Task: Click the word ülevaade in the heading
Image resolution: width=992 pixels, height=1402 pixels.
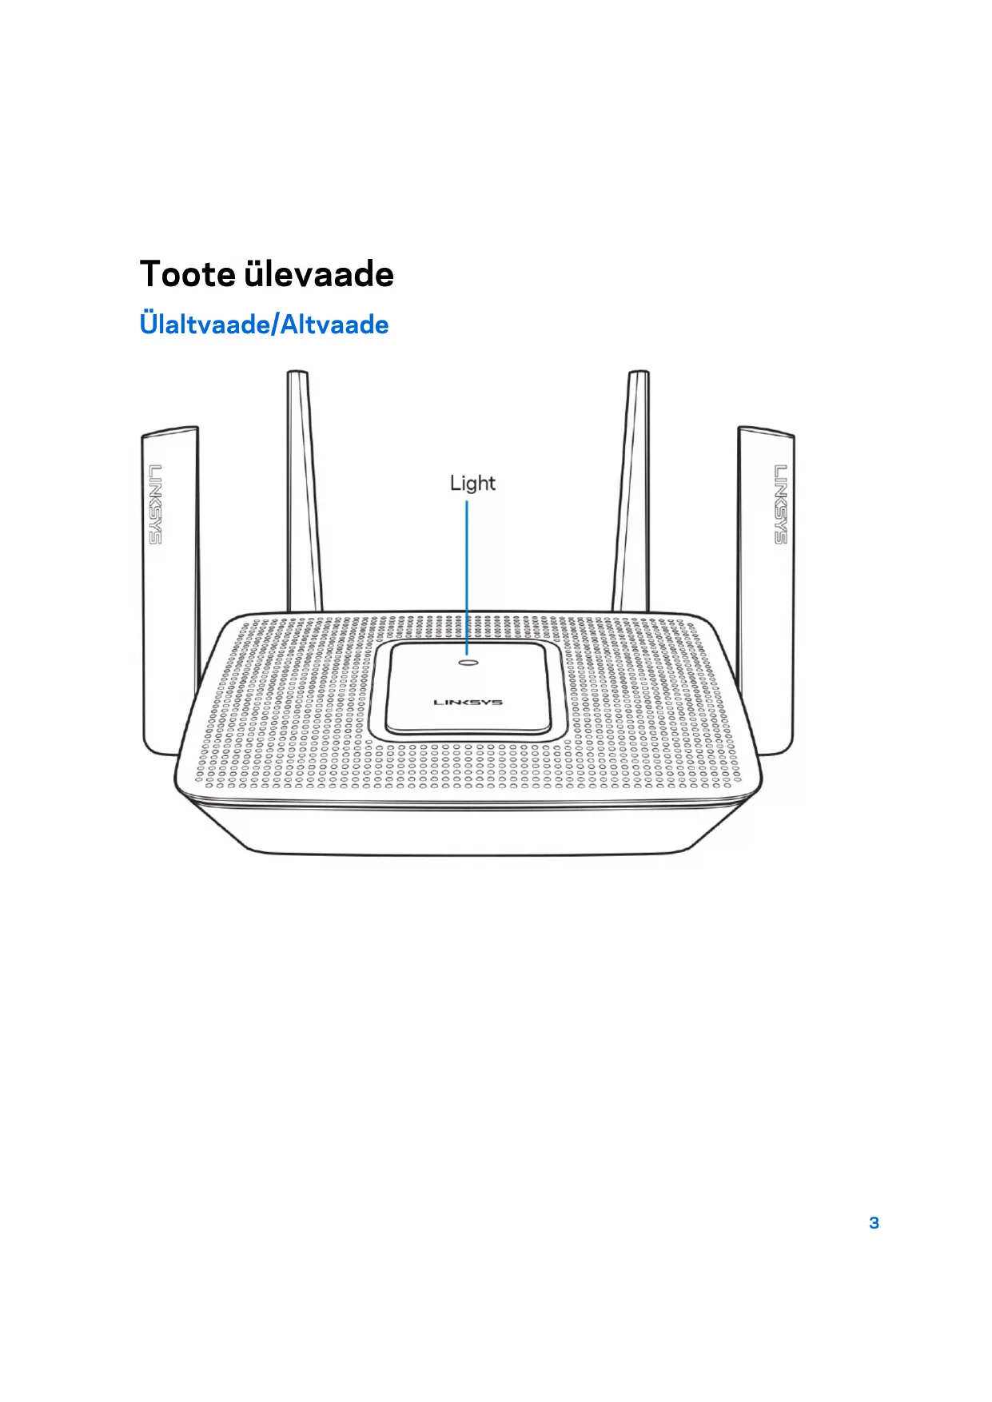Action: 319,274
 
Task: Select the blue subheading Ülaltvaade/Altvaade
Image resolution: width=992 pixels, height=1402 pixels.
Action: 264,325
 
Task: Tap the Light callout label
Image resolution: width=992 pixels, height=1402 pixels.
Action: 472,483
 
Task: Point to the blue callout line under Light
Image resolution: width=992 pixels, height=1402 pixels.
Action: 468,576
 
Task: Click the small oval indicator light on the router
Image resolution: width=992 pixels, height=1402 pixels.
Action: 468,662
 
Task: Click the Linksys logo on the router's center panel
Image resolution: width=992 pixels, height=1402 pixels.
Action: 468,703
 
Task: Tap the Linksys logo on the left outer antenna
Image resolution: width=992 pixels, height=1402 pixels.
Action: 155,504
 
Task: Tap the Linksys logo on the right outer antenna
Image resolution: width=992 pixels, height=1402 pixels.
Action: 780,504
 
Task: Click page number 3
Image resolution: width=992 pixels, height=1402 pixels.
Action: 874,1223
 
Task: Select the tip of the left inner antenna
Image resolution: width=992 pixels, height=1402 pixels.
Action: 297,374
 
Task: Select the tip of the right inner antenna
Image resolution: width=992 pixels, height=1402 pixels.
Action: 638,374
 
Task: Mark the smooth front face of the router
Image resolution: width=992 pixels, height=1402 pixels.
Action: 468,831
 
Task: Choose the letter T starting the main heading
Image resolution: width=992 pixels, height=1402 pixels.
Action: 151,274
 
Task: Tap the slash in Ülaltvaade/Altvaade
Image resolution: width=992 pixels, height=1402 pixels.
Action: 276,325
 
